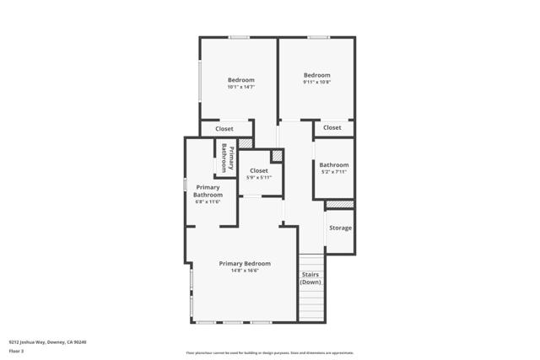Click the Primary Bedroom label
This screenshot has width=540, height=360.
(245, 263)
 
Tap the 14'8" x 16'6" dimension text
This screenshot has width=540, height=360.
(245, 271)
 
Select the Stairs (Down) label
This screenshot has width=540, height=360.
(311, 278)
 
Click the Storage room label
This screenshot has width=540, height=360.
(340, 228)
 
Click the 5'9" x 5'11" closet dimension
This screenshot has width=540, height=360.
(259, 178)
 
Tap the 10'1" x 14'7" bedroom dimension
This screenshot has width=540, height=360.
(240, 87)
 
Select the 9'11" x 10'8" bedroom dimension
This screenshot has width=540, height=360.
(317, 82)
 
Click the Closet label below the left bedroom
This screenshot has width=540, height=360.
(224, 129)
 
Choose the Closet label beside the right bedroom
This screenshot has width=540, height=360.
(332, 127)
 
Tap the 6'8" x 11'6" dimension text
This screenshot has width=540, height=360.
(208, 201)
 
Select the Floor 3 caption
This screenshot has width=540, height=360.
(16, 351)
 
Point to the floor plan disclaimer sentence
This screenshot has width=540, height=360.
(269, 353)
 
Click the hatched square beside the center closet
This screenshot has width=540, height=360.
(275, 157)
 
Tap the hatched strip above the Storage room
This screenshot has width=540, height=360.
(339, 205)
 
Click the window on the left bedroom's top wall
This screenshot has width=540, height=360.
(239, 37)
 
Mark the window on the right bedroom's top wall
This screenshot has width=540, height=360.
(318, 37)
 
